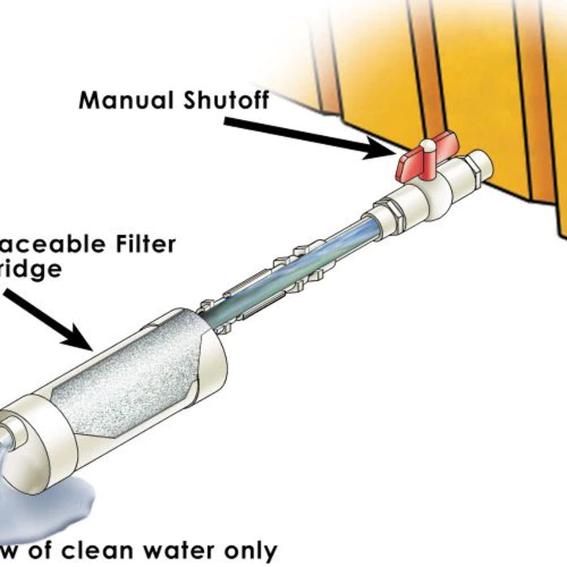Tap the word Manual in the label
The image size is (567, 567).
point(126,100)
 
